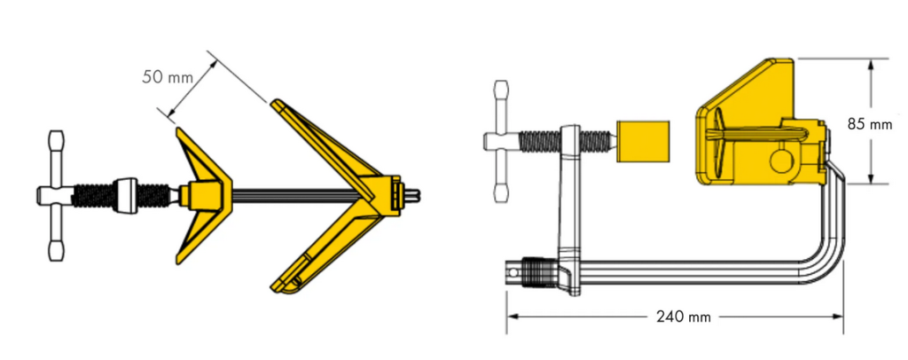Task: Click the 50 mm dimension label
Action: tap(168, 76)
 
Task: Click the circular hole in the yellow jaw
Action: tap(780, 161)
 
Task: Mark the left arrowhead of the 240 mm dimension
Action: tap(512, 316)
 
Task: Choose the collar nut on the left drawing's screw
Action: tap(127, 194)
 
